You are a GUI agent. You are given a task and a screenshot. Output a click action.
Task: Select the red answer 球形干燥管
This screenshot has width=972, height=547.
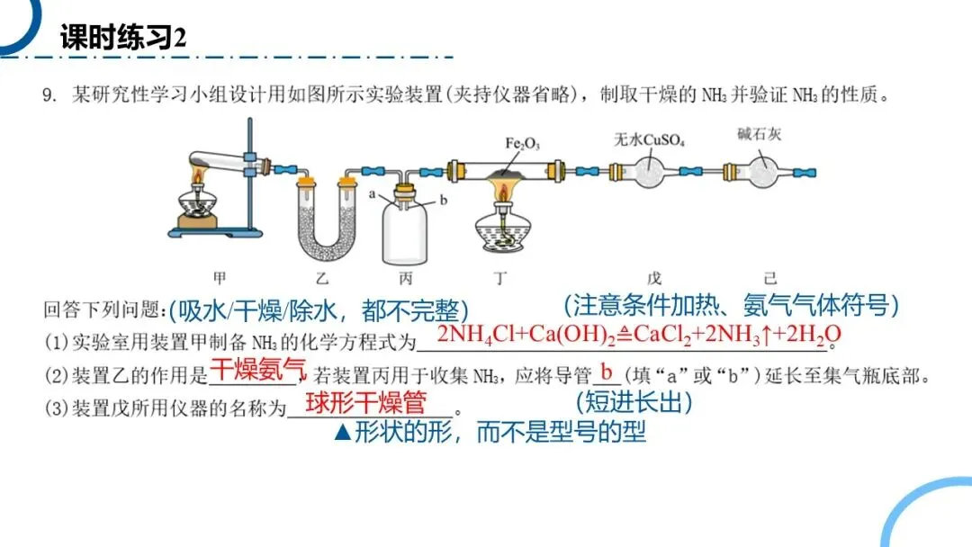click(x=364, y=401)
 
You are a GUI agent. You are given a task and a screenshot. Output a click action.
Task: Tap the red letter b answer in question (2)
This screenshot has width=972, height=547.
click(x=607, y=370)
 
